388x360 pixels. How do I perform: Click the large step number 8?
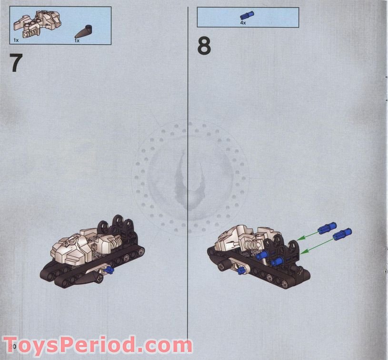pyautogui.click(x=204, y=47)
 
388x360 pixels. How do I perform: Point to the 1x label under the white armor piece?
pyautogui.click(x=16, y=41)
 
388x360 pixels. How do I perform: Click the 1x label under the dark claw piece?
pyautogui.click(x=77, y=41)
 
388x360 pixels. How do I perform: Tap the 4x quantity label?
pyautogui.click(x=243, y=22)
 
